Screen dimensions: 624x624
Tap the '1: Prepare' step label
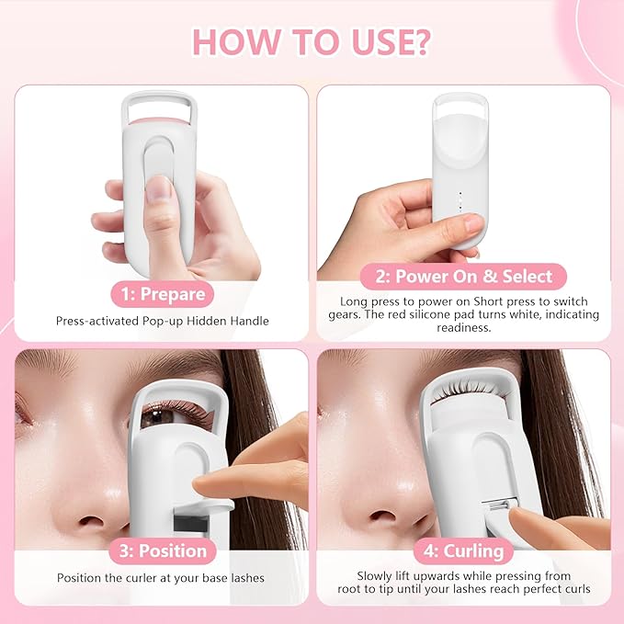(163, 295)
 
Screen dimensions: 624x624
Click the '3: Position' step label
(162, 551)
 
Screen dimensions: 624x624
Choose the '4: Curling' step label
(464, 551)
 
